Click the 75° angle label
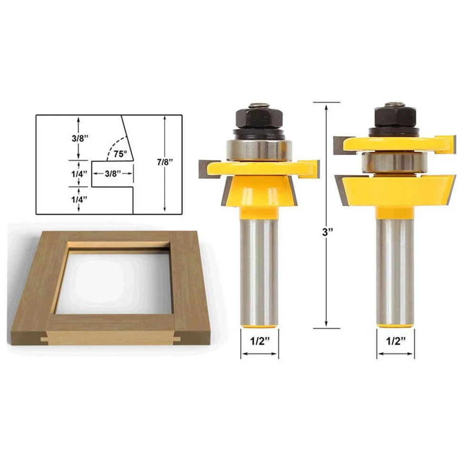coord(120,154)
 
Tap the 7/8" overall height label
coord(165,162)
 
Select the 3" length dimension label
coord(327,232)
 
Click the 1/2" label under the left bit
coord(260,341)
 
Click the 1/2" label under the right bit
coord(396,341)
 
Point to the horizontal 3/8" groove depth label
coord(113,174)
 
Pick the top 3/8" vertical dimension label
coord(80,138)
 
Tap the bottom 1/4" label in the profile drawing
coord(79,199)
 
